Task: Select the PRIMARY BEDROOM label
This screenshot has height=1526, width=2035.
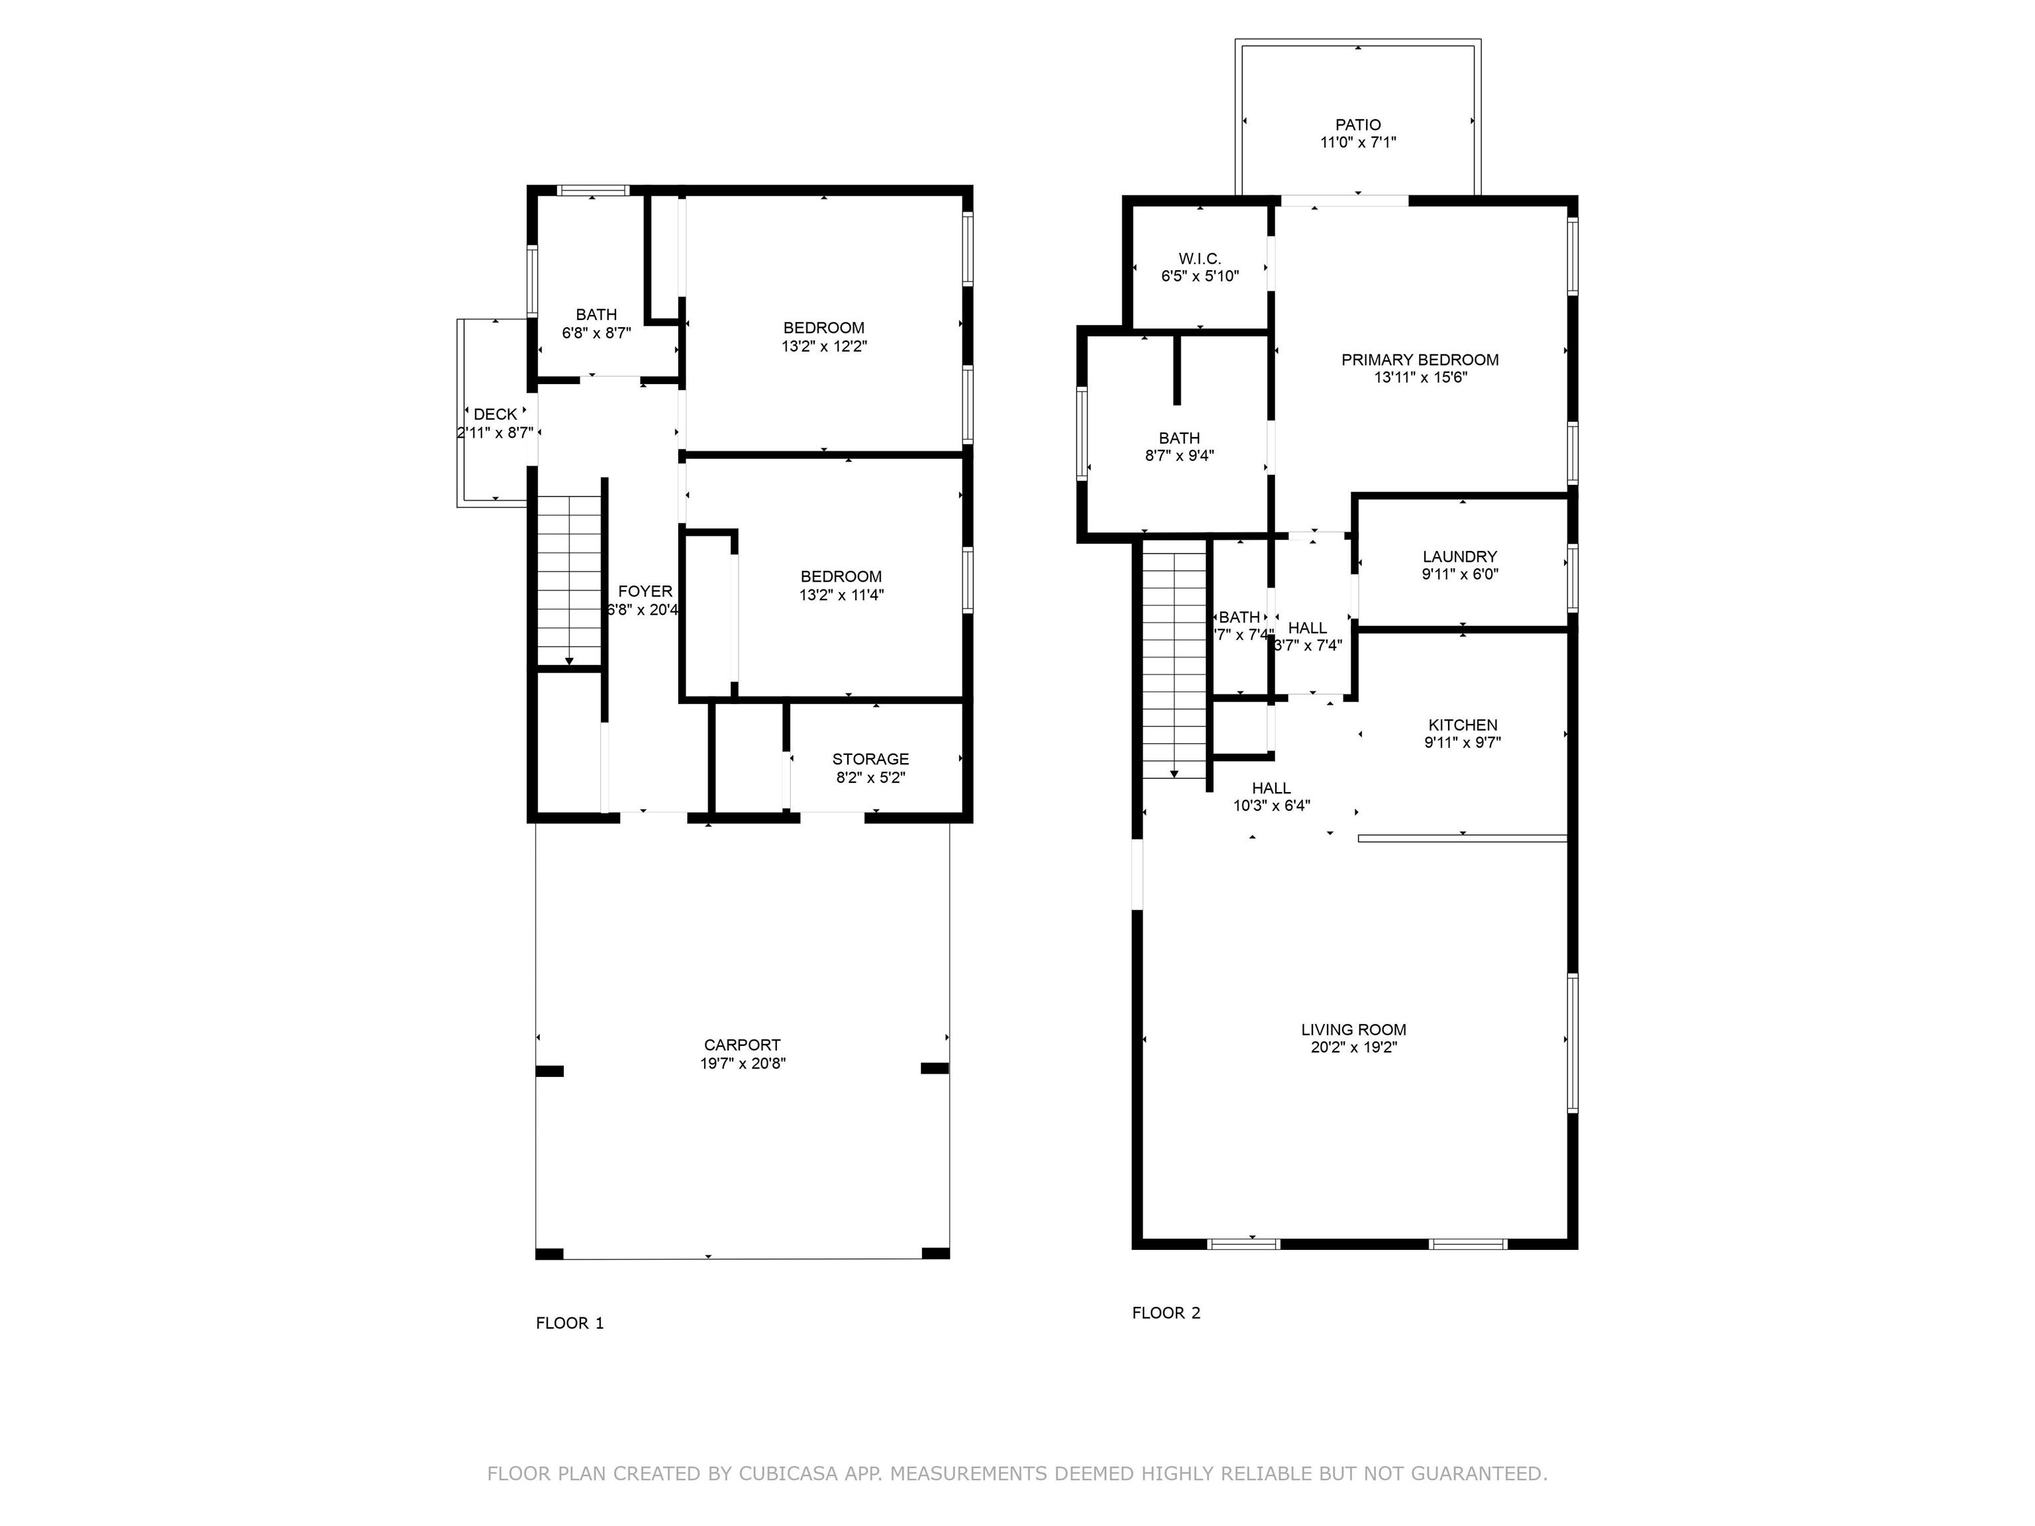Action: coord(1420,360)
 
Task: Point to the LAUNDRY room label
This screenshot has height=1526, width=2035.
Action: coord(1460,556)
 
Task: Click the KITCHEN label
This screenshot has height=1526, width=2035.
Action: coord(1463,725)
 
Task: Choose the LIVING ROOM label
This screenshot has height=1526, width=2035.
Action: coord(1353,1029)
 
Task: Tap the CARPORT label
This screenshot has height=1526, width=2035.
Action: coord(743,1045)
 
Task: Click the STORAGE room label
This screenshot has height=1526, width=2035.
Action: coord(870,759)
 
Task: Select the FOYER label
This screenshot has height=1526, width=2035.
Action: coord(645,591)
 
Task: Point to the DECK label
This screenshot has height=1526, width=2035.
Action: coord(495,415)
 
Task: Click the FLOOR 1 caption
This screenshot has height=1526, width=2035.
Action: coord(570,1323)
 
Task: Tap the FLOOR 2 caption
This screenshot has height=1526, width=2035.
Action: coord(1166,1313)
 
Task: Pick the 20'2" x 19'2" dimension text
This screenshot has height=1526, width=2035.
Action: coord(1353,1046)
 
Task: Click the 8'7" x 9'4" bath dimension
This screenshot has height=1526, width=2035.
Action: coord(1179,455)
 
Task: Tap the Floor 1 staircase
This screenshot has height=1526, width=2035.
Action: coord(570,580)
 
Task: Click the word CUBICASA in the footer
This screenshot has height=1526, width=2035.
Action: coord(788,1474)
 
